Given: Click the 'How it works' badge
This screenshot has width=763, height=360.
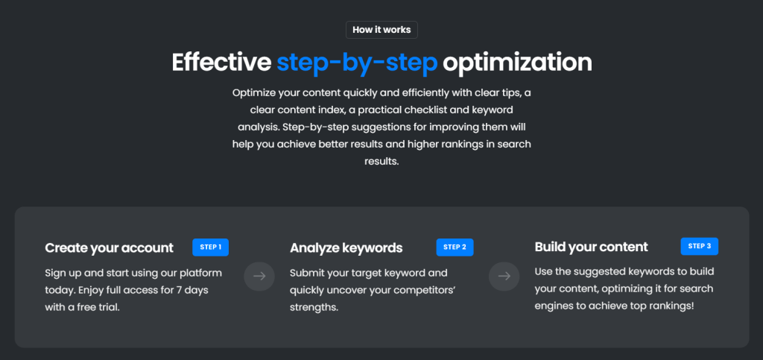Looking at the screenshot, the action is point(381,30).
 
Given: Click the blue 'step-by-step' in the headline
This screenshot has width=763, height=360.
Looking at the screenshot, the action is point(357,63).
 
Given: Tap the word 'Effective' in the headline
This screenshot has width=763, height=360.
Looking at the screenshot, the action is point(221,63).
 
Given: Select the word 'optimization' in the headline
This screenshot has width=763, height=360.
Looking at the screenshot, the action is point(517,63).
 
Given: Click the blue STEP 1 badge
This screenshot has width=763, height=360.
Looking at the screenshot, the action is point(210,247).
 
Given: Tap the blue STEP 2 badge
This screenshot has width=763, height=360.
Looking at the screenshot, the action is point(455,247).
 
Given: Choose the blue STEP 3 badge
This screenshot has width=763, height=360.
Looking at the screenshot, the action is point(699,246).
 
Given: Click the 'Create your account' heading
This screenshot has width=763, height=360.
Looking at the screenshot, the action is point(109,248).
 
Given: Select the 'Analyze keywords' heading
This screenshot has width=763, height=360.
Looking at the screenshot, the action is point(346,248).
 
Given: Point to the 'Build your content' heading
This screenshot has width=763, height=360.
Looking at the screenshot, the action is point(591,247).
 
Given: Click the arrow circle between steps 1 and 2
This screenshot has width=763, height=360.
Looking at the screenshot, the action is point(259,277).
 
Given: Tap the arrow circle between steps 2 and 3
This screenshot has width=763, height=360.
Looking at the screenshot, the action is point(504,277).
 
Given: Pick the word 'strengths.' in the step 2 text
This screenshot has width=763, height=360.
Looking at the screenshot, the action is point(314,308).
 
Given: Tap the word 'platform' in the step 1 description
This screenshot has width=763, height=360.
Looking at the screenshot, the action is point(203,274).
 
